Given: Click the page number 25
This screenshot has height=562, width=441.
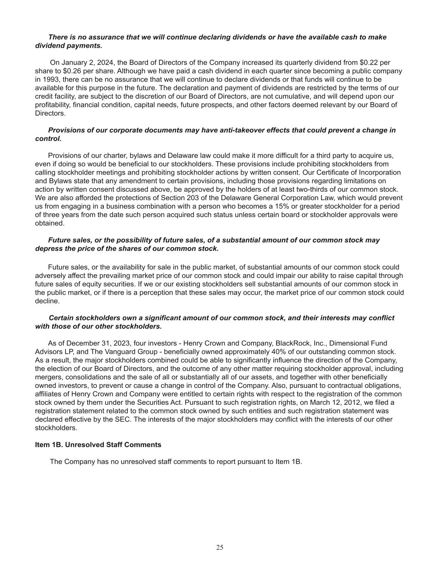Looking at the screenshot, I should pyautogui.click(x=220, y=547).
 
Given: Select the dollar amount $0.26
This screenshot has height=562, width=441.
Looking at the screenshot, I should pyautogui.click(x=73, y=71).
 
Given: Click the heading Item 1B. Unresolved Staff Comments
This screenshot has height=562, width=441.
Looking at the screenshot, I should pyautogui.click(x=98, y=445).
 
